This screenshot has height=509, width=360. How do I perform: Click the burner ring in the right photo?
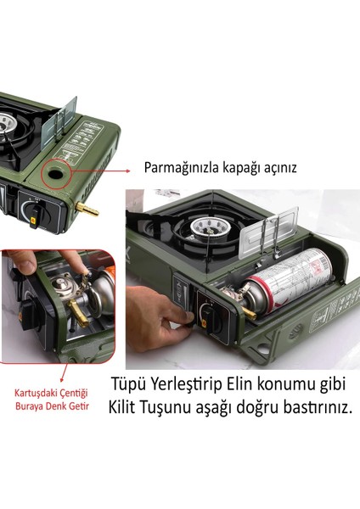tap(205, 227)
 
